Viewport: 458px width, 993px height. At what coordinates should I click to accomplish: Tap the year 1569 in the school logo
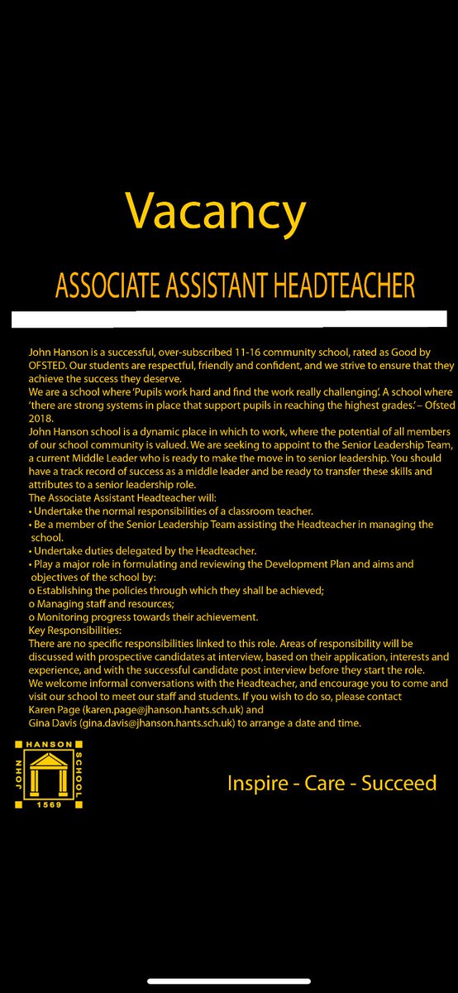pyautogui.click(x=47, y=815)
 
